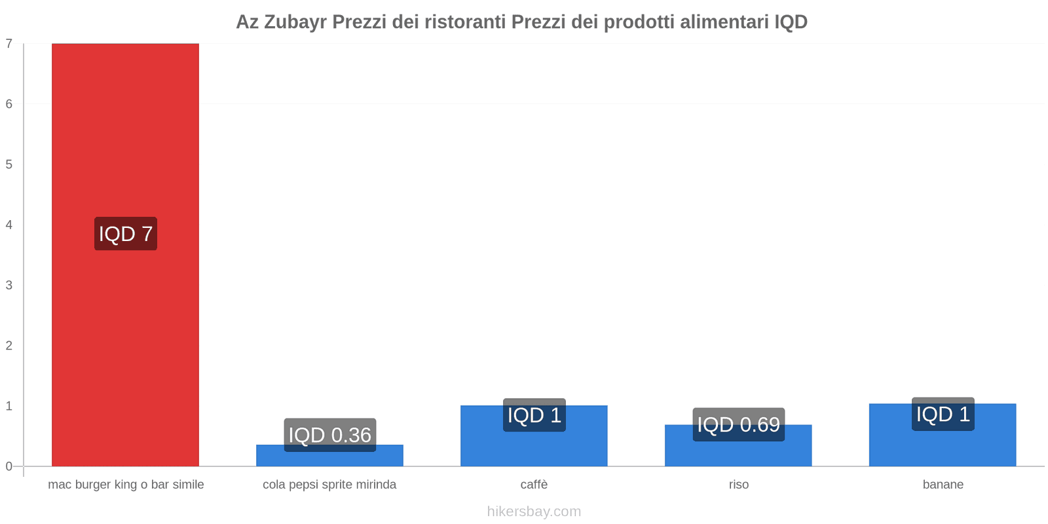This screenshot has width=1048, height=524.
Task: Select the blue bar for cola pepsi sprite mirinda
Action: [x=329, y=458]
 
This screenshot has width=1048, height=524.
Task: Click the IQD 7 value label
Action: [x=126, y=234]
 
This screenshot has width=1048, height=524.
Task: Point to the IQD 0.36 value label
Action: [x=329, y=435]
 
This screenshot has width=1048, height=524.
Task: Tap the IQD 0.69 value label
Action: [x=738, y=424]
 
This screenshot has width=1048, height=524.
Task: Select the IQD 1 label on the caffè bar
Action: [x=534, y=415]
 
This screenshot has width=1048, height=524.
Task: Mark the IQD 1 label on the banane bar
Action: [x=943, y=414]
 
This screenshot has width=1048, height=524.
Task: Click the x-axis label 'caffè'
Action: [x=534, y=485]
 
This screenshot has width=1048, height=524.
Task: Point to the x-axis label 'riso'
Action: [x=738, y=485]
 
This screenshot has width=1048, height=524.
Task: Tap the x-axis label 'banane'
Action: [x=943, y=485]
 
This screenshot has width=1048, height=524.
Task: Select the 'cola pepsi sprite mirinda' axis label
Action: [x=329, y=485]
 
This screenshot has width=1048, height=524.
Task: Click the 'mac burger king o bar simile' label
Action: [x=126, y=485]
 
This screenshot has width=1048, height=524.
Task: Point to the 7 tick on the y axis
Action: [x=9, y=44]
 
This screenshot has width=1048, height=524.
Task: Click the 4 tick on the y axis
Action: [x=9, y=225]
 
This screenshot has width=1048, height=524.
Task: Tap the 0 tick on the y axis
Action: [x=9, y=466]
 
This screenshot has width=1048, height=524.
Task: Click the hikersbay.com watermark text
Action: [x=534, y=512]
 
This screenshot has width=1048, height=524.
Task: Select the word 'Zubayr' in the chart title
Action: [x=295, y=22]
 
